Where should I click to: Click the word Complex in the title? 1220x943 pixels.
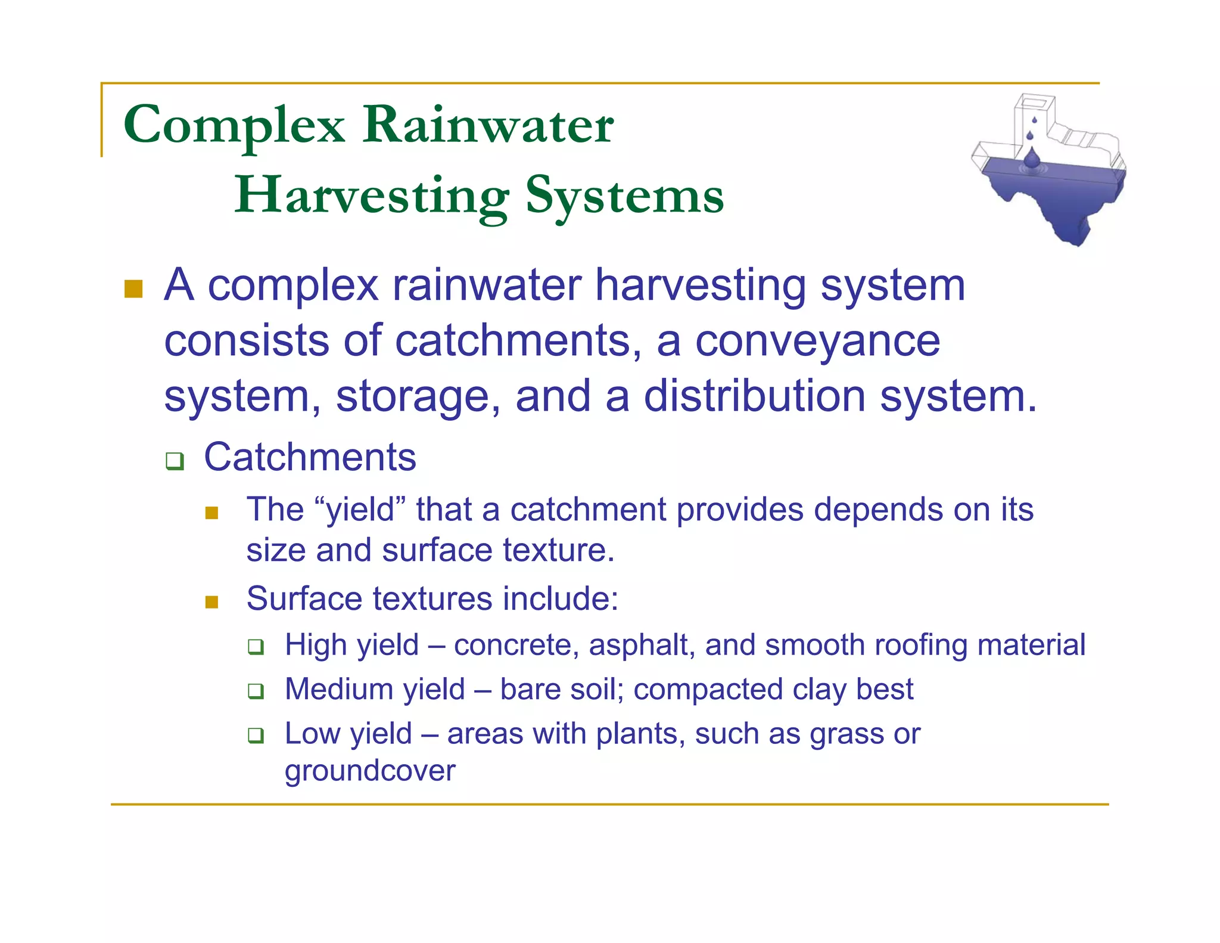[x=234, y=126]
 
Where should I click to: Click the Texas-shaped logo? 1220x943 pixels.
[x=1048, y=179]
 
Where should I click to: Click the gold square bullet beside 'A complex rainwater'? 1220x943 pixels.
[x=133, y=289]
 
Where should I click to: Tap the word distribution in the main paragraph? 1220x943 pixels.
[x=754, y=396]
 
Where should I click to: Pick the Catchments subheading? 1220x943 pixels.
[x=310, y=458]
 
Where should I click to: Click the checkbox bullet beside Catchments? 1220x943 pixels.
[x=175, y=461]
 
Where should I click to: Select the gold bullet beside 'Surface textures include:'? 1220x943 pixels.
[x=211, y=602]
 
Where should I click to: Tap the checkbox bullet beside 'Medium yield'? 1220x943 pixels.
[x=256, y=691]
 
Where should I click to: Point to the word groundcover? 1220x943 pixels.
[x=370, y=771]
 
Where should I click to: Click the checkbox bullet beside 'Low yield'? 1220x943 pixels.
[x=256, y=736]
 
